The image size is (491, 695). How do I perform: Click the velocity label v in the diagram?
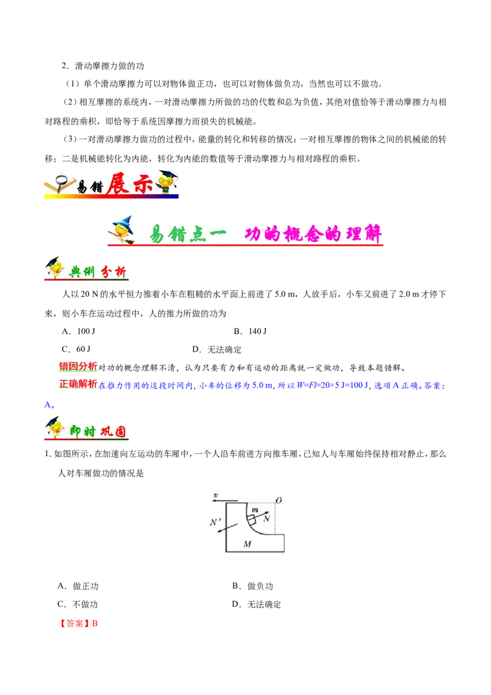215,495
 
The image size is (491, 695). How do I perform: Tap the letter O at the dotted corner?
279,500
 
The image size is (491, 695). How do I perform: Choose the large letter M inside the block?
247,544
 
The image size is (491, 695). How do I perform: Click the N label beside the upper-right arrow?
266,519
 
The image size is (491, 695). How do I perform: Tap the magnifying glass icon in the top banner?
61,182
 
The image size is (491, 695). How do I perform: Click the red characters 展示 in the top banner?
128,184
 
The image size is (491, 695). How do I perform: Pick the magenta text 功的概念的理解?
313,233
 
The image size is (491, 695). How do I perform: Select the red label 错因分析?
78,366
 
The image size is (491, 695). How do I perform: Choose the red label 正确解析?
78,384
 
